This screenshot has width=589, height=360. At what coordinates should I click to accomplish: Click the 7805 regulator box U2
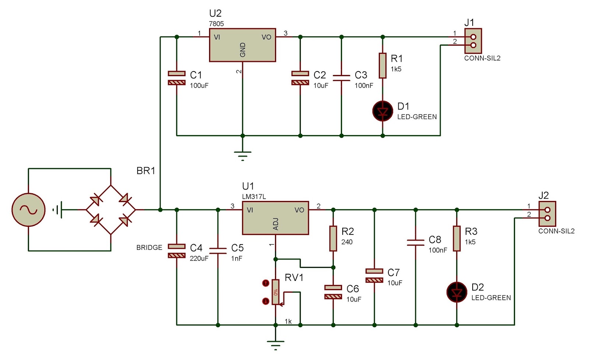coord(242,45)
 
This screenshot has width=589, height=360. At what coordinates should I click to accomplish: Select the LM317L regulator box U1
coord(275,218)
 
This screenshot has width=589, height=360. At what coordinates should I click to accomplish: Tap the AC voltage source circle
coord(28,210)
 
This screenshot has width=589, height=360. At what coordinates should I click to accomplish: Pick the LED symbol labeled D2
coord(456,292)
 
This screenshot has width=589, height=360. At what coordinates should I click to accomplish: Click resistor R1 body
coord(382,66)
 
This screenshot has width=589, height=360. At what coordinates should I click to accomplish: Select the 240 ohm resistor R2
coord(333,239)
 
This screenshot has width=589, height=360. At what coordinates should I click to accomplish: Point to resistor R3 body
coord(456,239)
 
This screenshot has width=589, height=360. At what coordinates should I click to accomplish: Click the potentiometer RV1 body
coord(275,292)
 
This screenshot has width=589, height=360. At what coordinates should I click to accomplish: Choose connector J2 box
coord(547,214)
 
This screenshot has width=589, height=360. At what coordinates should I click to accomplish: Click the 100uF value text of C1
coord(199,85)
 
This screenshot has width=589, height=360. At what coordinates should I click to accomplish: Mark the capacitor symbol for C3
coord(341,78)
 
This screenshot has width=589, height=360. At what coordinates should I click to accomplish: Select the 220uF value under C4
coord(199,258)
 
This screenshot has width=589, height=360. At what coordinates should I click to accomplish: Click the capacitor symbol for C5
coord(218,251)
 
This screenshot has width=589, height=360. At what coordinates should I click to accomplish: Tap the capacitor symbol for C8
coord(416,243)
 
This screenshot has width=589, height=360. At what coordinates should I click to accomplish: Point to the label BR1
coord(146,171)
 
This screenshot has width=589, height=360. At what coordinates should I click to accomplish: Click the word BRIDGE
coord(149,247)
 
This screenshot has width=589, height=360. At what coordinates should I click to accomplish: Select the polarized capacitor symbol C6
coord(333,292)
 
